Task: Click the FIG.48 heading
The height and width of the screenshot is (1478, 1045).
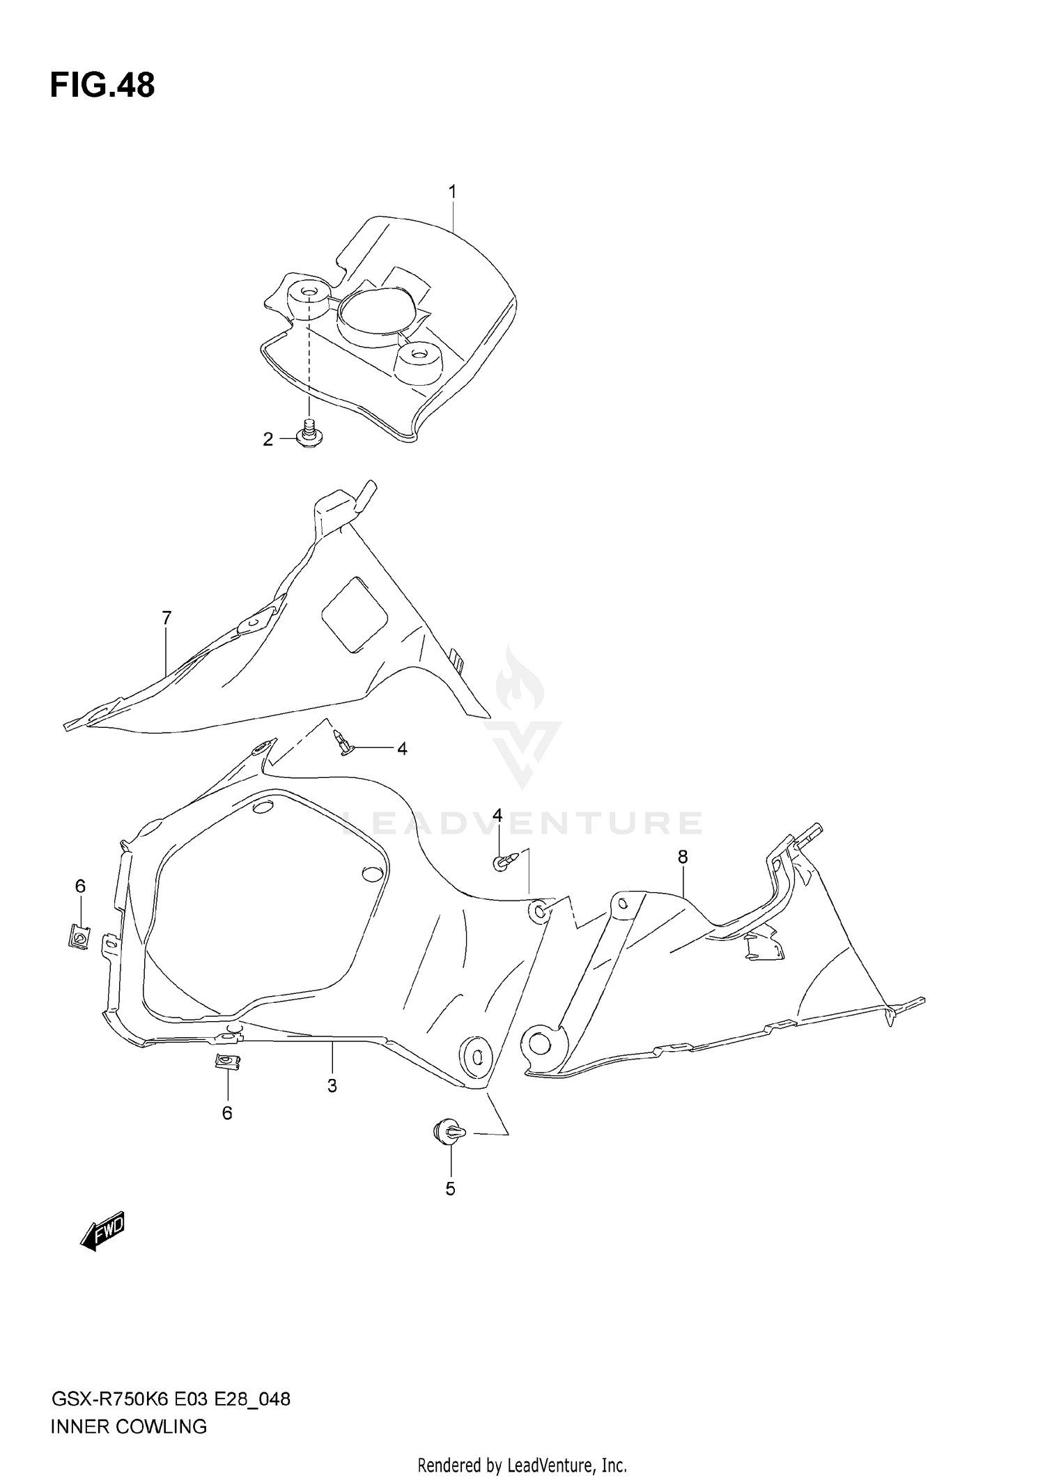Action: point(102,86)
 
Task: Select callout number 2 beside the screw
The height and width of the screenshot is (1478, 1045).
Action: point(268,439)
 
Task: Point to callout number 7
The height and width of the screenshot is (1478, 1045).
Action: point(167,618)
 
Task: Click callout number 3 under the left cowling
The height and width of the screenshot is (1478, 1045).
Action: point(332,1085)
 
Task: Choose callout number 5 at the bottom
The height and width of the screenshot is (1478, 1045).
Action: point(450,1189)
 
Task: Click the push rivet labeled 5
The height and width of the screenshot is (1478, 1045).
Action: point(447,1131)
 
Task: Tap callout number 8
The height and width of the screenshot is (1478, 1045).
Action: point(683,857)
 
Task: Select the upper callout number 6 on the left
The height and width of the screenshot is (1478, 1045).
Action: point(80,886)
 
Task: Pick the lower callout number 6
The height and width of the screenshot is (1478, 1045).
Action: point(227,1113)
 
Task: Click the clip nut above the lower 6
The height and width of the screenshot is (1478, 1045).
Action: point(227,1062)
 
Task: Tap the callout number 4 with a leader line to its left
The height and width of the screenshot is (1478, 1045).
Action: point(402,749)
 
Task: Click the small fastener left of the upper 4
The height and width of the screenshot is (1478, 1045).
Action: point(343,744)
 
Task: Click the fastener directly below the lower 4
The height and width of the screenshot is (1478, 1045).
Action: point(504,862)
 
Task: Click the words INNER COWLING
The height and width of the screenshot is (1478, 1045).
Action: point(129,1426)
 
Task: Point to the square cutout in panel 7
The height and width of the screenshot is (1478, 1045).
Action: point(353,614)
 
